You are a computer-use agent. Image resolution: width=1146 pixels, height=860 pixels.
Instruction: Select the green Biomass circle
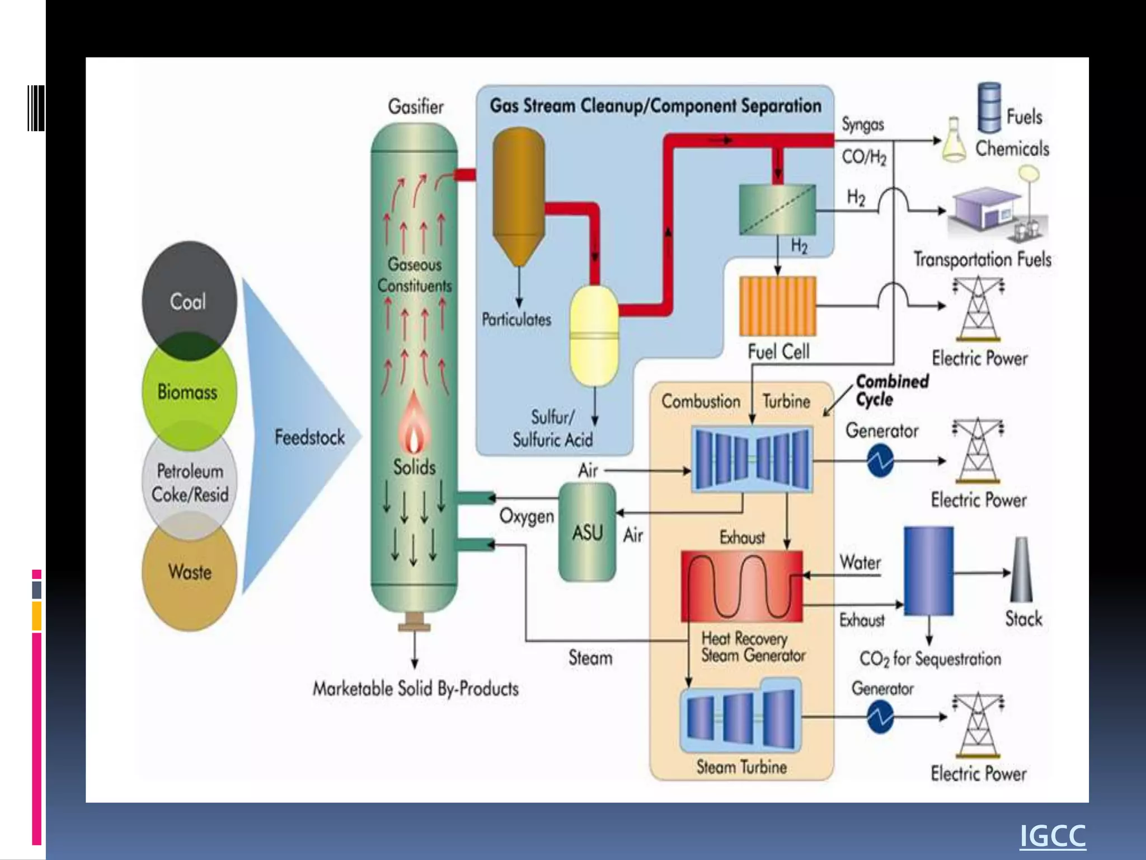coord(189,391)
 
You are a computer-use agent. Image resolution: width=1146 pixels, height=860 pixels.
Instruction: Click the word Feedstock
coord(309,437)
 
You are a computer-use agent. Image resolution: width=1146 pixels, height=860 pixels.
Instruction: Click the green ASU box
coord(587,532)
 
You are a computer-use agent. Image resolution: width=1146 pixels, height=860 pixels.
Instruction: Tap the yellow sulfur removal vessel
coord(594,336)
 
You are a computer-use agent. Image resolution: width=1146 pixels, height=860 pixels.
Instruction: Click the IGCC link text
coord(1052,836)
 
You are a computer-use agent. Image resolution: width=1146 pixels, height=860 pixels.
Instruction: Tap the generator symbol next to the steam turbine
coord(880,717)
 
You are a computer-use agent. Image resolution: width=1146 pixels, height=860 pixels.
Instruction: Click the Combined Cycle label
coord(891,390)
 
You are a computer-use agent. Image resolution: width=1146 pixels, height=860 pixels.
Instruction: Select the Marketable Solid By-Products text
coord(415,689)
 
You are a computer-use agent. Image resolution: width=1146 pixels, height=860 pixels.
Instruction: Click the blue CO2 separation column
coord(928,571)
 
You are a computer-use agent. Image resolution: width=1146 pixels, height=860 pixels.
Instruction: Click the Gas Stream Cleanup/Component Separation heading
coord(655,106)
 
